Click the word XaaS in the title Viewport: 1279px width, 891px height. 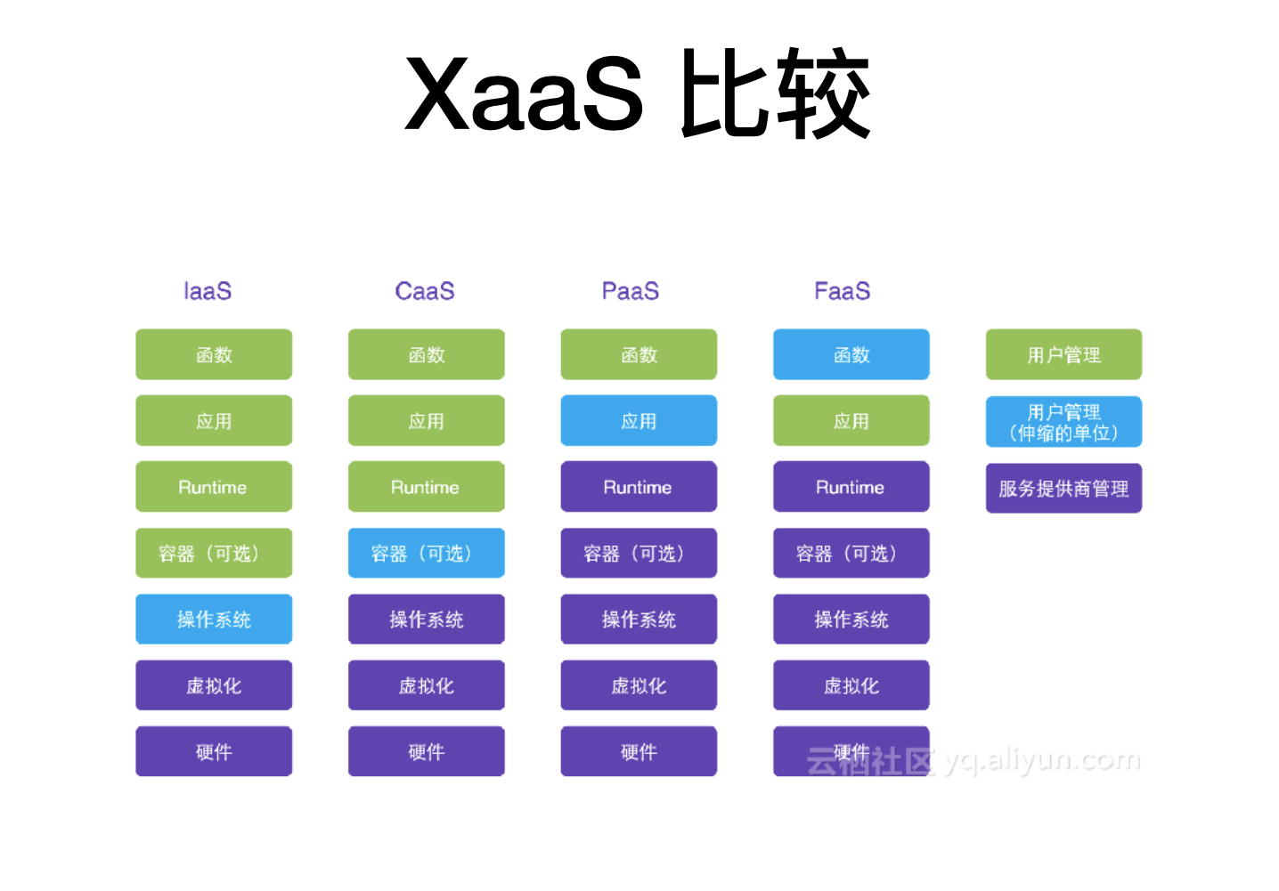525,93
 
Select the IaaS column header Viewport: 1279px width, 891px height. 208,291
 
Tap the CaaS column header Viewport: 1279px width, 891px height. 425,291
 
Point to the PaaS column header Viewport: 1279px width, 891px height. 631,291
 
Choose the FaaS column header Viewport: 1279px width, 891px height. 843,291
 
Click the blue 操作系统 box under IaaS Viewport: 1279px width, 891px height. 214,620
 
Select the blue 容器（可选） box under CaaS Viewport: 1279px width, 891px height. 427,553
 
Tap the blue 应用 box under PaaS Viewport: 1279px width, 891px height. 639,421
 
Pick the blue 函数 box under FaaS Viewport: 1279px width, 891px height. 851,354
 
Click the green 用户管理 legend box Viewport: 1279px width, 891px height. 1063,354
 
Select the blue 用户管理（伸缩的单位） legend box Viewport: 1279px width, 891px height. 1063,422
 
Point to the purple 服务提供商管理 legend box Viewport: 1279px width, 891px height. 1063,488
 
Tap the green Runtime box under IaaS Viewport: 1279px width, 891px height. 214,487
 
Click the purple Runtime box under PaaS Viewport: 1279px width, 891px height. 639,487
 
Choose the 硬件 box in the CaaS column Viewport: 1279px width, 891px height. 427,751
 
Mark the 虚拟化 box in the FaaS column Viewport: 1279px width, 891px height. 851,685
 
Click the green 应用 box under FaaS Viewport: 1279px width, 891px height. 851,421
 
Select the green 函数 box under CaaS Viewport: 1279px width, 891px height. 427,354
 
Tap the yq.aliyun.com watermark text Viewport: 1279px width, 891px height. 1042,761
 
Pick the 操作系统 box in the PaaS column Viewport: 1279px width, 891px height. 639,620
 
